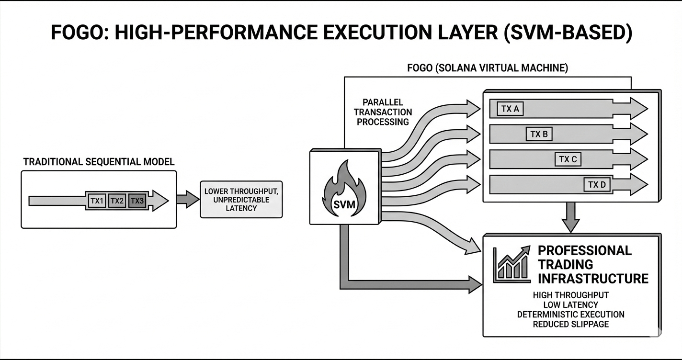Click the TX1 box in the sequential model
pos(97,201)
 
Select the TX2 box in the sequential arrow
pos(117,201)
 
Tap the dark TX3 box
pos(137,201)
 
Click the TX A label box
pos(510,109)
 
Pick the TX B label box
pos(539,134)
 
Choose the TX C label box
pos(568,159)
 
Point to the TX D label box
pos(597,185)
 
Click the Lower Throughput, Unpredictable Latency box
pos(241,200)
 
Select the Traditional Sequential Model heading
pos(99,162)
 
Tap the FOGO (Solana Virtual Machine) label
pos(488,68)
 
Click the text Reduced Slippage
pos(570,324)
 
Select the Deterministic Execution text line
pos(570,315)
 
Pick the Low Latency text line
pos(570,304)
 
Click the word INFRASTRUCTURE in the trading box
pos(593,279)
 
